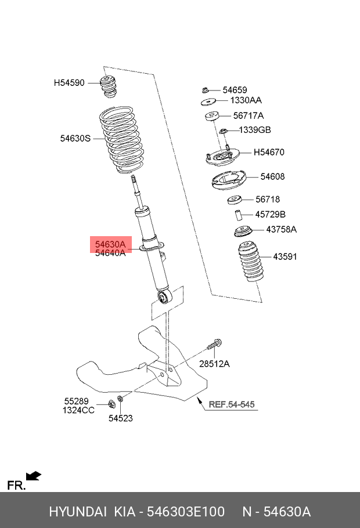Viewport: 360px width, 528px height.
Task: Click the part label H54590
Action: pos(69,83)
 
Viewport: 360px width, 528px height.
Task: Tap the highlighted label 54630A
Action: pos(110,245)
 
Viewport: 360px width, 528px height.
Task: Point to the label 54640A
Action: pos(110,253)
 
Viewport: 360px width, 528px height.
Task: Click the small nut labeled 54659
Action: pos(206,90)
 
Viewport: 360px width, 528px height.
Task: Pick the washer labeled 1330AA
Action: pos(208,102)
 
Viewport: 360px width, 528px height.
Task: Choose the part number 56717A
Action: pos(248,115)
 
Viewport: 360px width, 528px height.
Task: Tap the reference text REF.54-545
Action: pos(231,404)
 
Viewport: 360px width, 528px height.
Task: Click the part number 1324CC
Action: pos(78,410)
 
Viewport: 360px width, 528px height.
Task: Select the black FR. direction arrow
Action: pos(34,476)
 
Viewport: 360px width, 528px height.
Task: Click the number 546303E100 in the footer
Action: pos(185,512)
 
